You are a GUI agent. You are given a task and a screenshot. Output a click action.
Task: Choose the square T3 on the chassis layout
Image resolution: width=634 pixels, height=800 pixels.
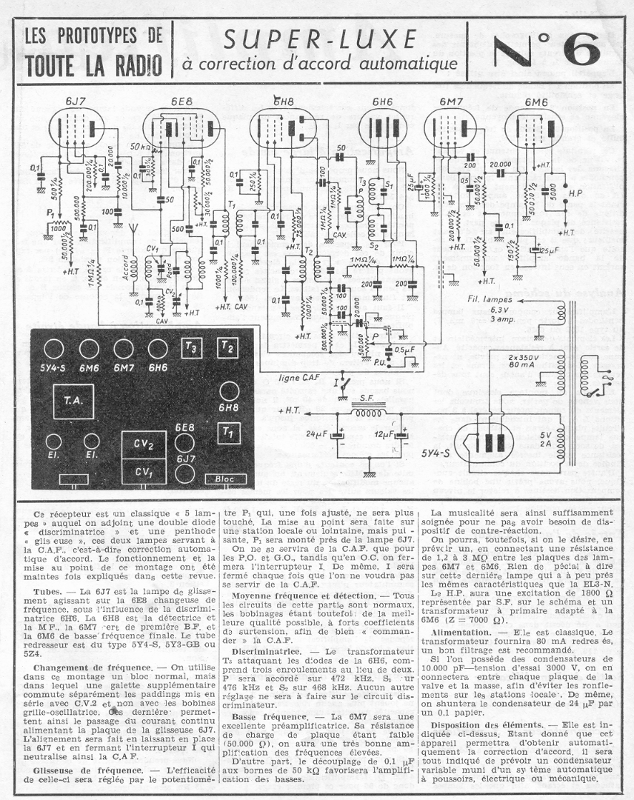191,347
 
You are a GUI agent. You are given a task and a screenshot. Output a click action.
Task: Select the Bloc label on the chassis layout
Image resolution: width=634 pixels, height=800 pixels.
225,479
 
